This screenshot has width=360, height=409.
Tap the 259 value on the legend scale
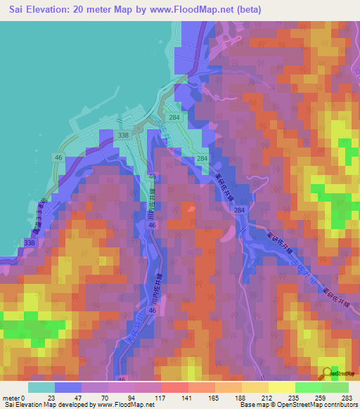click(x=323, y=398)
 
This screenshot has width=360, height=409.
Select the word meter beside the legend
click(x=11, y=398)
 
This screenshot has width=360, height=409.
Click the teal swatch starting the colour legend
click(x=41, y=387)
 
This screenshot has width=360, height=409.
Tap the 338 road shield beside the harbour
click(x=124, y=134)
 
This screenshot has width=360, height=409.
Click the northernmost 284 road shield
click(x=174, y=117)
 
